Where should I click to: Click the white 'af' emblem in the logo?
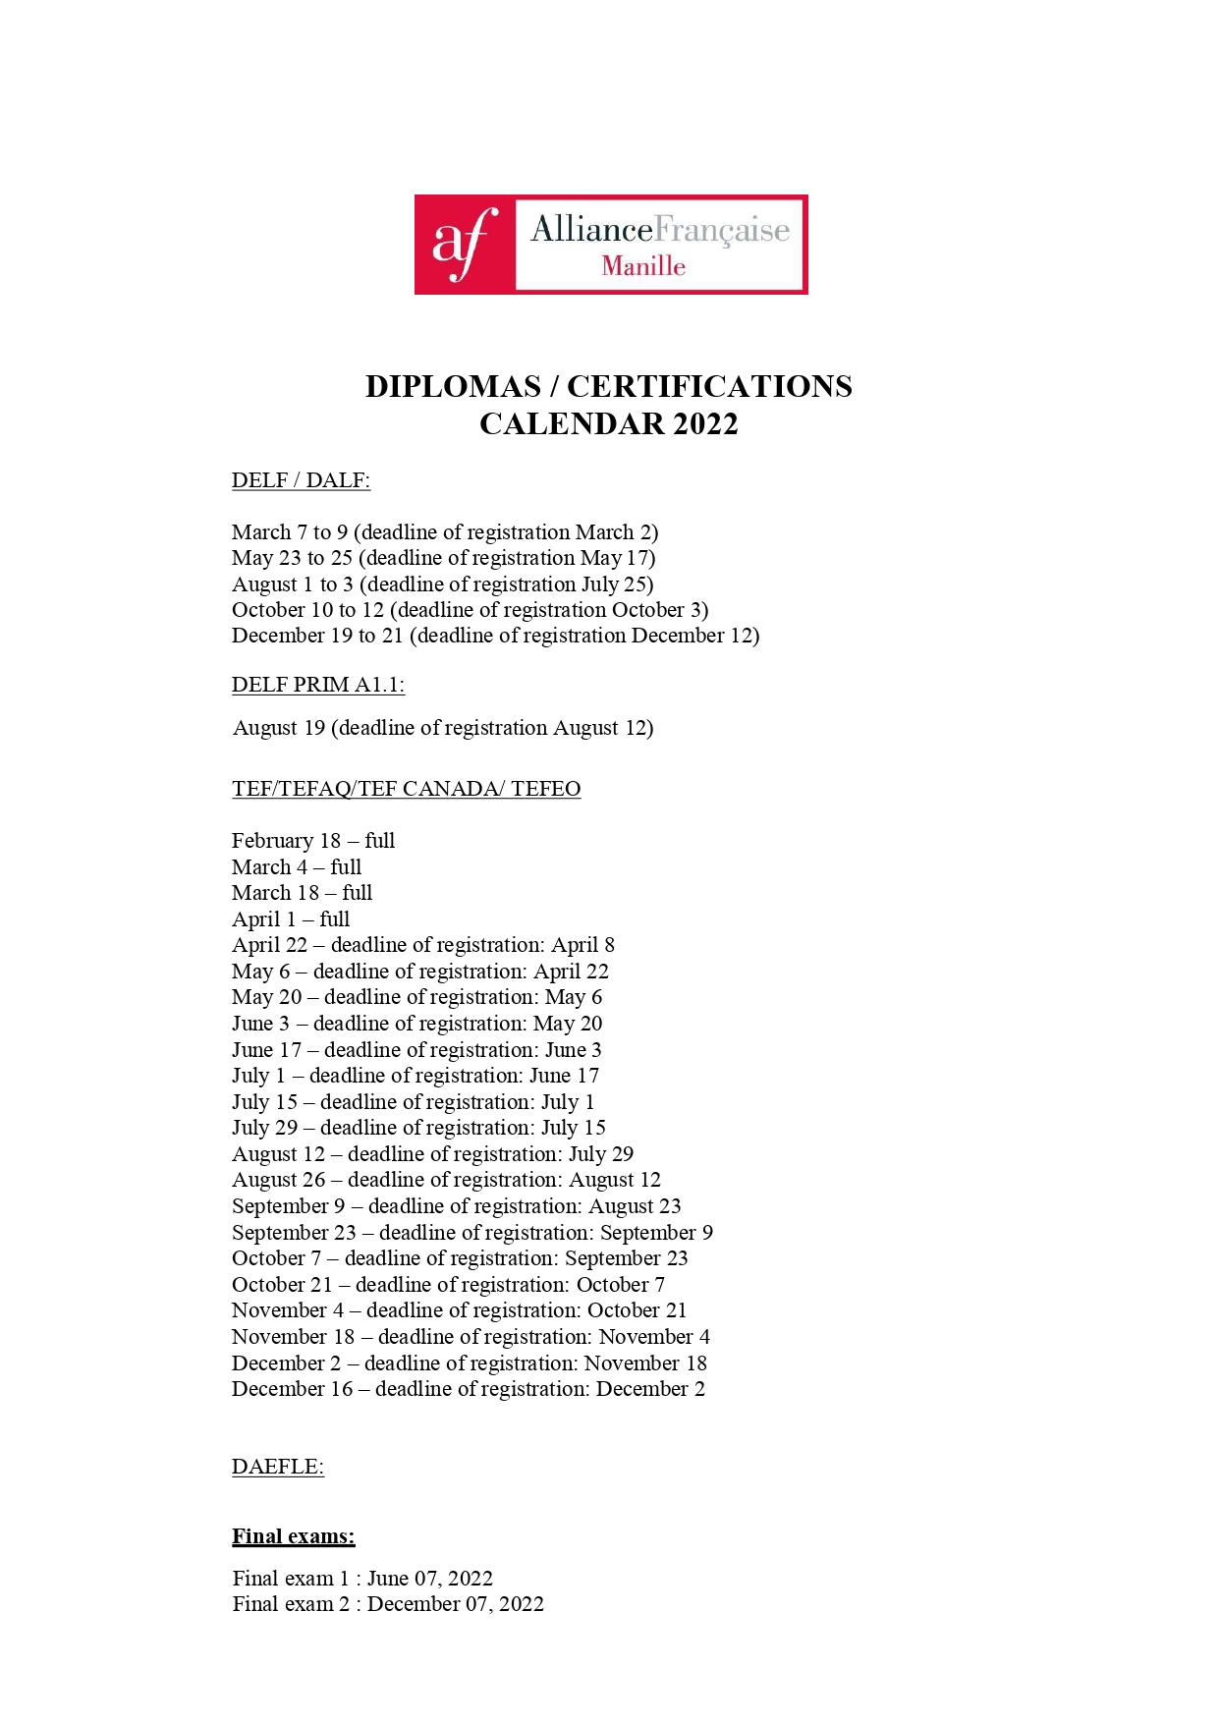[463, 244]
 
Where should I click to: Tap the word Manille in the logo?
[643, 266]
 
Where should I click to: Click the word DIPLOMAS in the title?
[453, 386]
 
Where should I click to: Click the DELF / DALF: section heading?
[301, 480]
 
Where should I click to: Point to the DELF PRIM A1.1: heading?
[318, 685]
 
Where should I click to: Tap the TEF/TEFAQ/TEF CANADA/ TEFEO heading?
[406, 789]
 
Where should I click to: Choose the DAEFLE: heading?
[277, 1467]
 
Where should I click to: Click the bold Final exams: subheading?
[293, 1536]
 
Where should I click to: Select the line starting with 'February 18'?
[312, 841]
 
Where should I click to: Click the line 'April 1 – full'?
[290, 919]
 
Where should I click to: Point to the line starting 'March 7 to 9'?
[444, 532]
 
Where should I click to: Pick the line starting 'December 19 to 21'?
[495, 636]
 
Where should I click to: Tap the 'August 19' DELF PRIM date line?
[442, 728]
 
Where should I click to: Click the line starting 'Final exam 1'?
[361, 1579]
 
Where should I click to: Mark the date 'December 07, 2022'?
[455, 1604]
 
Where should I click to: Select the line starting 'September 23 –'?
[471, 1233]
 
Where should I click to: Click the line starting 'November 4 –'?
[459, 1310]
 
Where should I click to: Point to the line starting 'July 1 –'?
[415, 1076]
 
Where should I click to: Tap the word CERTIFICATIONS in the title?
[709, 386]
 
